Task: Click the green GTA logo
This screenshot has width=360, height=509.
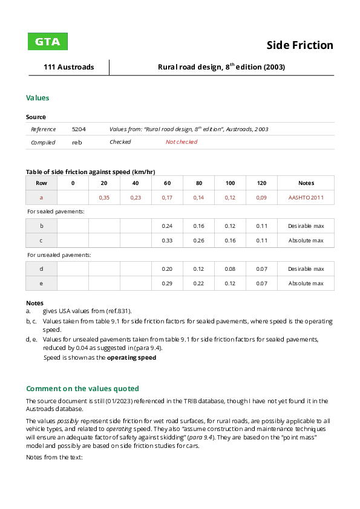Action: pos(48,42)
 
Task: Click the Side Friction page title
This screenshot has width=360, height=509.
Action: pos(299,45)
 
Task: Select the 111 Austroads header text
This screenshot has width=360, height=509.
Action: pos(68,67)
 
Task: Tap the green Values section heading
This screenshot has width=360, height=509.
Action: pos(38,97)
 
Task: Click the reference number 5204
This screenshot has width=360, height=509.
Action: pos(79,129)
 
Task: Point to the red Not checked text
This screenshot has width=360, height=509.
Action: pos(182,142)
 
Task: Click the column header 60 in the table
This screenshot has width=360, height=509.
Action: pos(167,183)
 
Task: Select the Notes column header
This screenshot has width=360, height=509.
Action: pos(306,183)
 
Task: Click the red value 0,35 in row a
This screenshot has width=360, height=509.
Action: pos(104,198)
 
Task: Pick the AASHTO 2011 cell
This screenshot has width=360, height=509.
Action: pos(306,198)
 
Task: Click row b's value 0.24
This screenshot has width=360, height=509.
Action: pos(167,226)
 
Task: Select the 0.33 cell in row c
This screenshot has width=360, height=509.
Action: pos(167,241)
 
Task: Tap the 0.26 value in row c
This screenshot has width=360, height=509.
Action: pos(198,241)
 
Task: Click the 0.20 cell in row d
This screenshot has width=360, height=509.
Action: pos(167,269)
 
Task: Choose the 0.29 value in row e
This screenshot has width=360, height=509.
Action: pos(167,284)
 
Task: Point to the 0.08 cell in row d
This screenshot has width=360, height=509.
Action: pos(230,269)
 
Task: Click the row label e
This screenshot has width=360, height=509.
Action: pos(41,284)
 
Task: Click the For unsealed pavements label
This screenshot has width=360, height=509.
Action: pos(59,255)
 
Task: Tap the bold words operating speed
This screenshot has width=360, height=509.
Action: pos(131,357)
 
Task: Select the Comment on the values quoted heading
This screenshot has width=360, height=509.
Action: pos(82,389)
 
